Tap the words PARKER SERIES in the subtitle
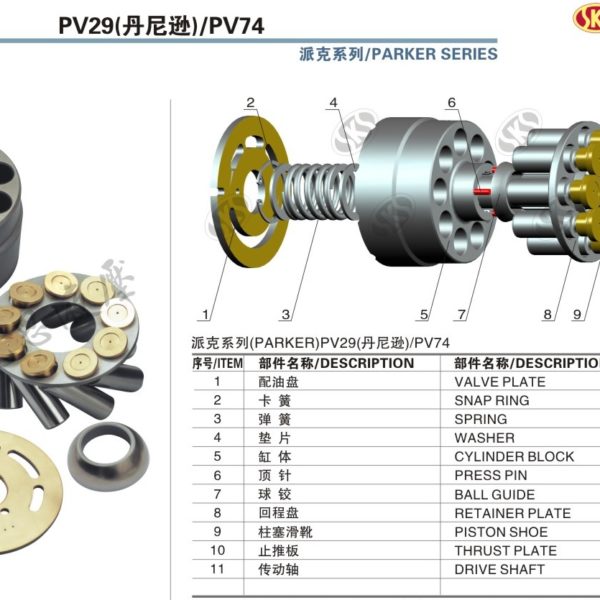pos(434,54)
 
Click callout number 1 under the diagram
pos(205,315)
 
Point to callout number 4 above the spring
pos(334,103)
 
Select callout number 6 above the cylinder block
pos(452,103)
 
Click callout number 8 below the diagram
pos(548,314)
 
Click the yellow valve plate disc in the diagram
pos(249,190)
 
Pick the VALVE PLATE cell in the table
pos(500,382)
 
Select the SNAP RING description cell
pos(492,401)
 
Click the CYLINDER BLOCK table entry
pos(514,457)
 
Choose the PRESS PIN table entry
pos(491,475)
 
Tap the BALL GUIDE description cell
pos(494,494)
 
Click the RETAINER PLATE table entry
pos(512,513)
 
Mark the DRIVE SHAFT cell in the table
pos(499,569)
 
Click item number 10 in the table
pos(217,550)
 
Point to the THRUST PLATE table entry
pos(505,551)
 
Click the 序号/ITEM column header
pos(217,363)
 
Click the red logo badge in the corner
pos(587,17)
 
